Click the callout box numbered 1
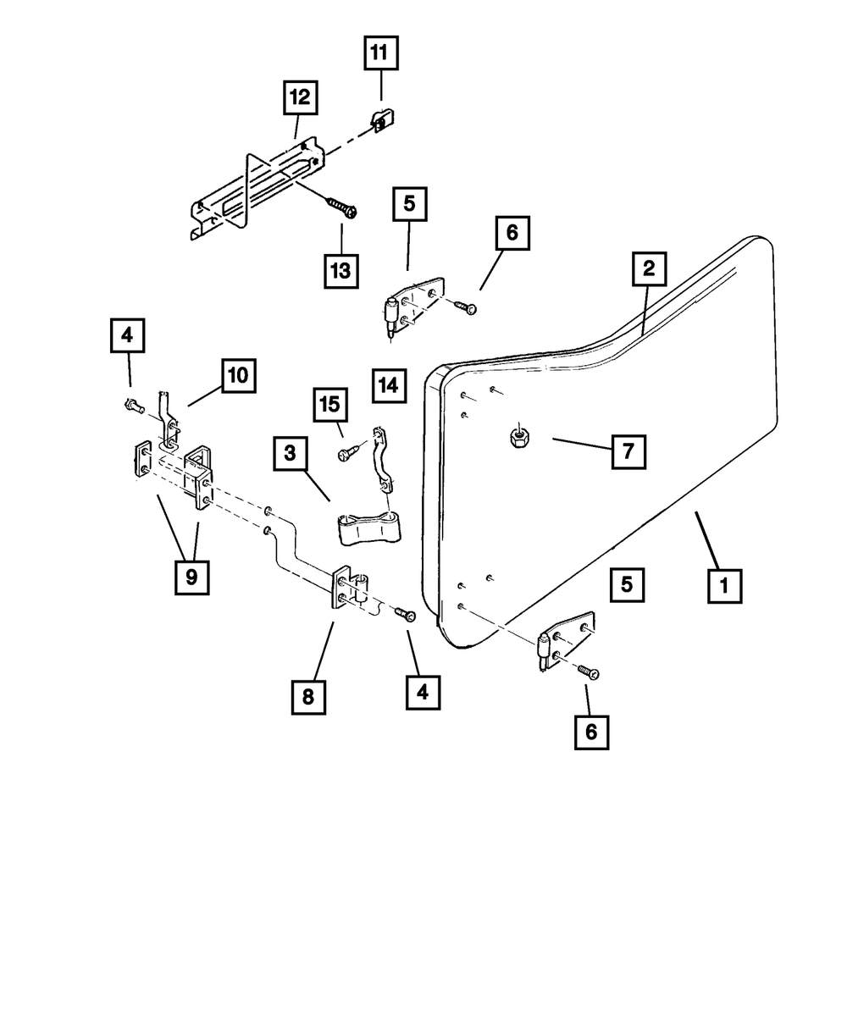click(x=725, y=584)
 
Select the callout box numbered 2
click(x=648, y=270)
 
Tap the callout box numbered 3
click(x=291, y=454)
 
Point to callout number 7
click(x=628, y=450)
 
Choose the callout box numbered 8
click(x=307, y=696)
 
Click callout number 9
click(x=191, y=577)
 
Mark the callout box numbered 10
click(x=238, y=375)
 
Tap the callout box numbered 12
click(x=300, y=99)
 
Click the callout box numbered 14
click(x=387, y=385)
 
